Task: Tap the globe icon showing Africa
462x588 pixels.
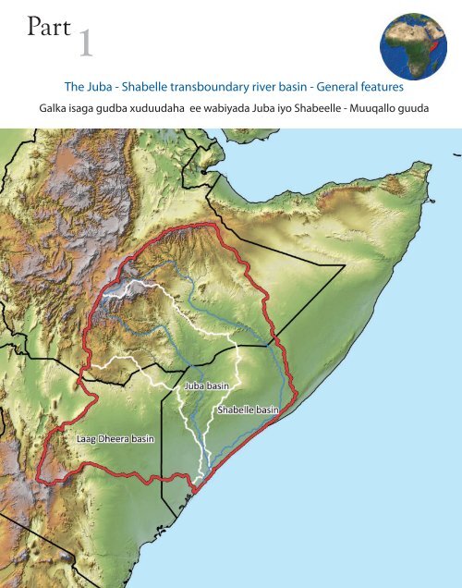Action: pyautogui.click(x=412, y=46)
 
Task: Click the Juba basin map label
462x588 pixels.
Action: pyautogui.click(x=207, y=386)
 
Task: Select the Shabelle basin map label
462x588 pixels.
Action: pyautogui.click(x=247, y=409)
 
